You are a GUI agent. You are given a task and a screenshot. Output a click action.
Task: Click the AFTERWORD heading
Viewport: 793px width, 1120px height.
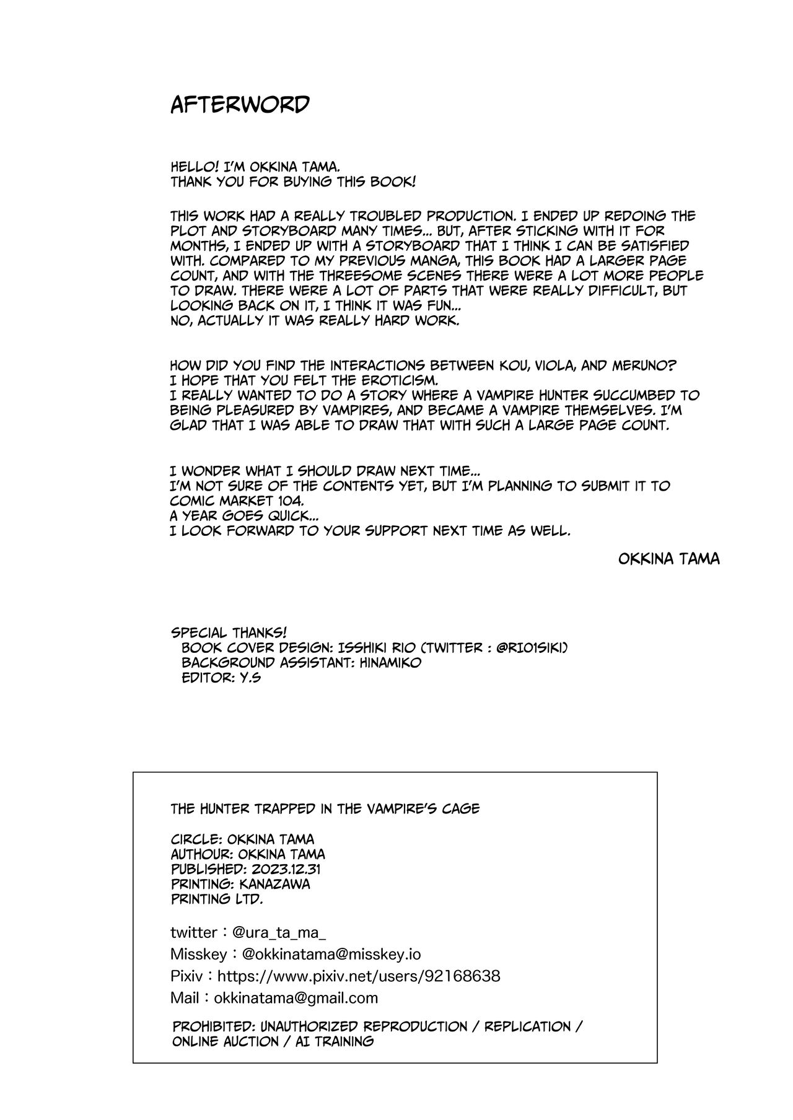(240, 105)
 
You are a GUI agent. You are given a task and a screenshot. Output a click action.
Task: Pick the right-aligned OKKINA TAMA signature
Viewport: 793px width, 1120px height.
(668, 559)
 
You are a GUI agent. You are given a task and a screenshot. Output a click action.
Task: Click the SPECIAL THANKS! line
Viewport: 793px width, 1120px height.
(229, 632)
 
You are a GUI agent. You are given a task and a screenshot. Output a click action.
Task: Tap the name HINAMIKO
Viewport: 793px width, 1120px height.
(390, 662)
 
